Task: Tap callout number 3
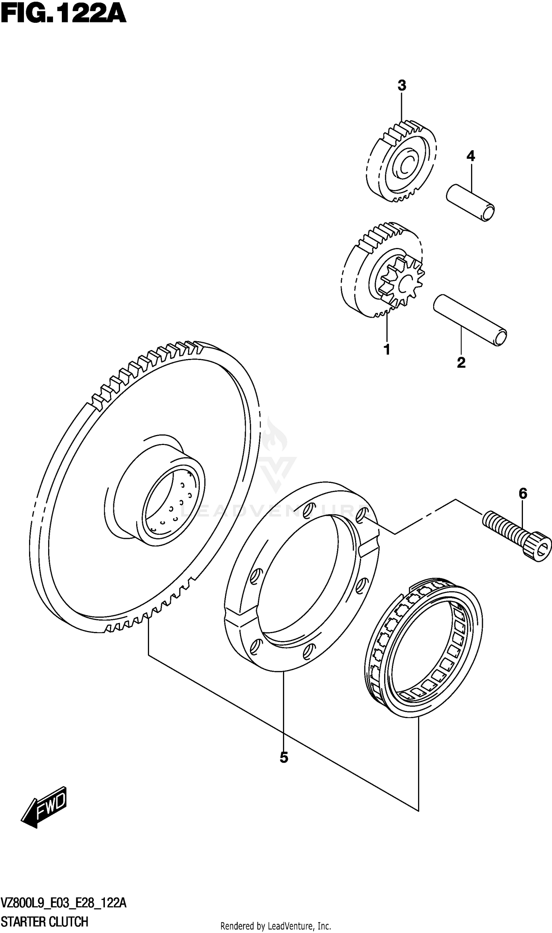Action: click(x=402, y=86)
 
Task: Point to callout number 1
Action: click(x=387, y=350)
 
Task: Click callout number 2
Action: click(x=461, y=362)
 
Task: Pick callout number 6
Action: click(x=523, y=494)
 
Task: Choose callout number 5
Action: click(x=284, y=757)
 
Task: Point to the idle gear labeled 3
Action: click(x=402, y=162)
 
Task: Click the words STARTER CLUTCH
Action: click(x=45, y=919)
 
